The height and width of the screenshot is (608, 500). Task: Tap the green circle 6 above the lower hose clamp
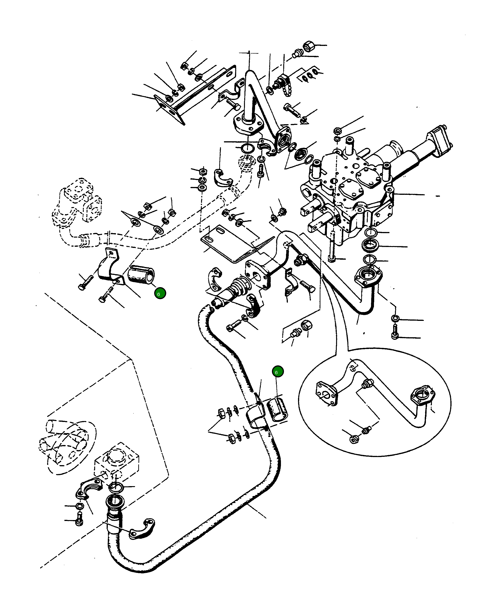(x=278, y=372)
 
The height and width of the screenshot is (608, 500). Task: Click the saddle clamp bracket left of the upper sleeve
(x=109, y=266)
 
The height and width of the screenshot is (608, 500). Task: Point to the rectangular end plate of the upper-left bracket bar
(x=169, y=109)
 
